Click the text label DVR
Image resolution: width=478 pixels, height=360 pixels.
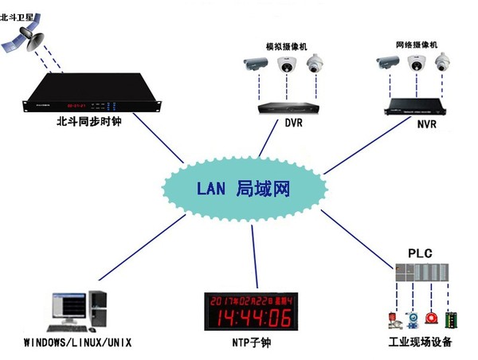294,124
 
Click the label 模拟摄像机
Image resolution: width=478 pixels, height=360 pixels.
287,45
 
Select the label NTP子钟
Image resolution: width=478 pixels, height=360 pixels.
249,343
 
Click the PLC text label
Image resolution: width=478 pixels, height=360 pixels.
420,253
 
